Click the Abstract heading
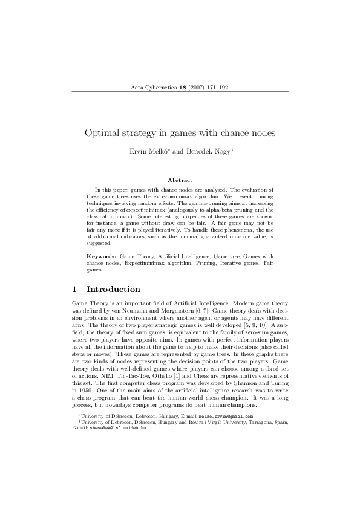[180, 180]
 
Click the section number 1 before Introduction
[74, 289]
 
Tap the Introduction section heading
[113, 289]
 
